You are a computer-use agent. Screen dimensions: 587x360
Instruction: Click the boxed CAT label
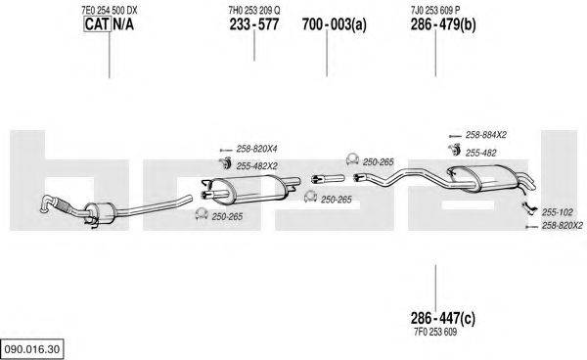[x=97, y=24]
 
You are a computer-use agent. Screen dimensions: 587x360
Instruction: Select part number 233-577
[x=254, y=24]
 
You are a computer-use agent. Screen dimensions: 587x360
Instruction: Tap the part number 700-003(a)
[x=335, y=24]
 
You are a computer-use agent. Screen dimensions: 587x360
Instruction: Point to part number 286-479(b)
[x=443, y=24]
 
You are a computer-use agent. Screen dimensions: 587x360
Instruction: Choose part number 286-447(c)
[x=443, y=319]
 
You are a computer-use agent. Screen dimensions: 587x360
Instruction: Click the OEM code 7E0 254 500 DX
[x=110, y=10]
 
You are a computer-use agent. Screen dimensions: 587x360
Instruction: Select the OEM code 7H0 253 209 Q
[x=254, y=10]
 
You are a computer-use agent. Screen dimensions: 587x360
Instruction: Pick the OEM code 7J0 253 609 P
[x=435, y=10]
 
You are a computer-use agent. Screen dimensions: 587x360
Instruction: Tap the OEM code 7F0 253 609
[x=435, y=332]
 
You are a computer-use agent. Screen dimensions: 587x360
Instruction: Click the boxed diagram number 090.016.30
[x=32, y=349]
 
